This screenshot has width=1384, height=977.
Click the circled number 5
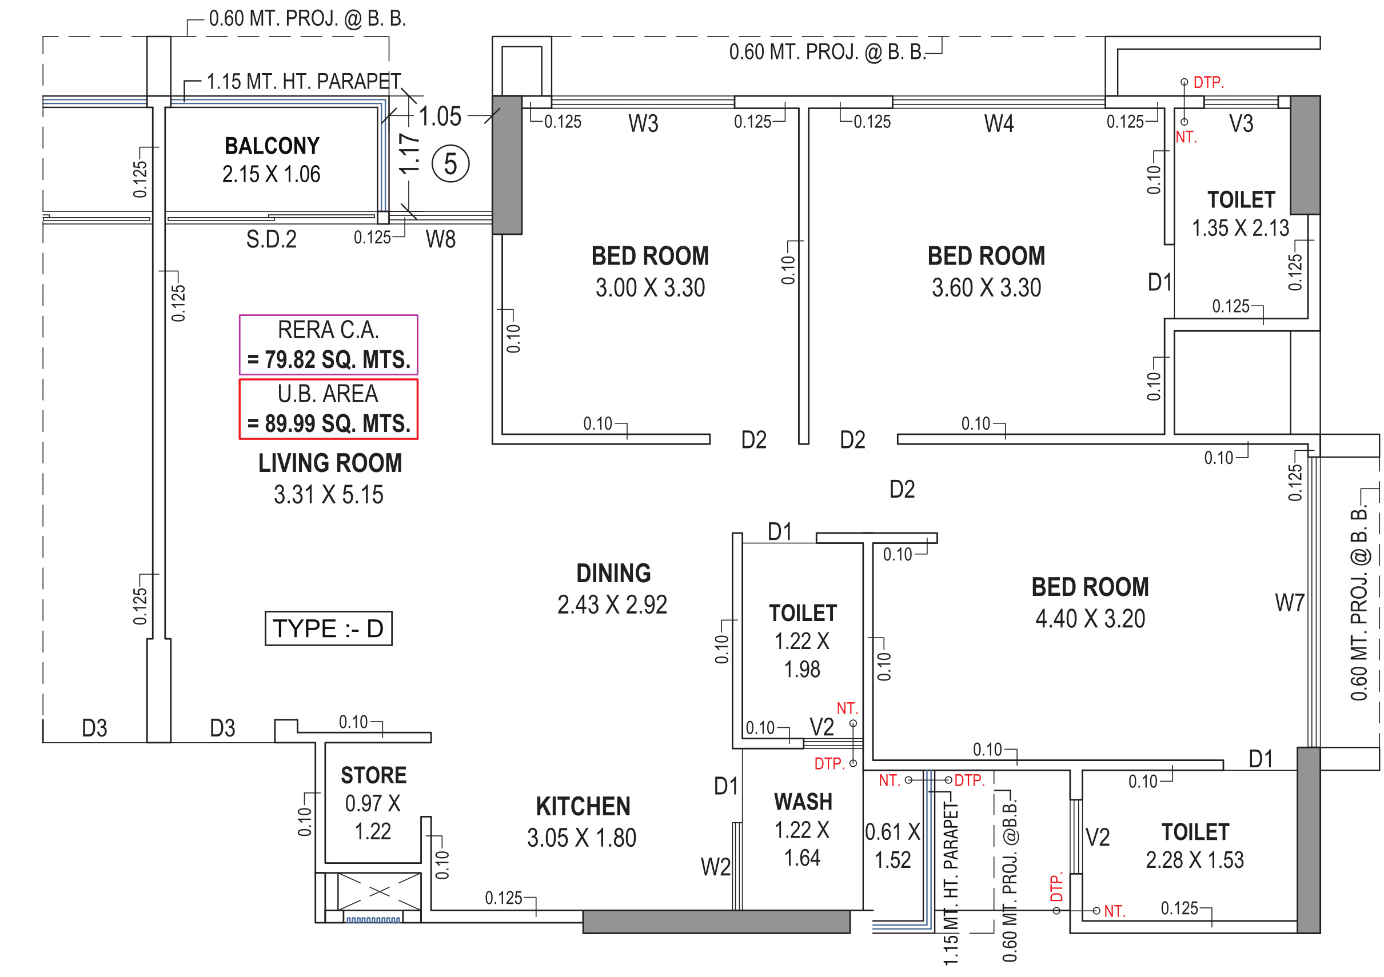[x=450, y=164]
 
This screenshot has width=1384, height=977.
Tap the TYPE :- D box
[x=329, y=628]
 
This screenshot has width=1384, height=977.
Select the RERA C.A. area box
[x=329, y=345]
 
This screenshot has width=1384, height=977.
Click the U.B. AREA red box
[x=329, y=409]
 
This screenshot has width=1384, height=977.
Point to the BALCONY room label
[x=272, y=146]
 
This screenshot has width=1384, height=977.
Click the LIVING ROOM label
[x=330, y=463]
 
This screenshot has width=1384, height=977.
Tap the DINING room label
[x=613, y=574]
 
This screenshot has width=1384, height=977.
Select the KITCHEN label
[x=583, y=807]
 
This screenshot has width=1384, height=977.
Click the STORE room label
[x=373, y=775]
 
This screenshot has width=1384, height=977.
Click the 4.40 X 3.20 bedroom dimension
[x=1090, y=619]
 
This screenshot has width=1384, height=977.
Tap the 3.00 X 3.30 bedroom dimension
[x=650, y=287]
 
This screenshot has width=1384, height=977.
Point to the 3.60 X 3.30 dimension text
[x=986, y=287]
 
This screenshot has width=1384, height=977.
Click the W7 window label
[x=1289, y=602]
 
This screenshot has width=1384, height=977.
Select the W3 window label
[x=643, y=123]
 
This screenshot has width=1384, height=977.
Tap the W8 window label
[x=441, y=239]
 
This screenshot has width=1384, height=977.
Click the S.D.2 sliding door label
[x=271, y=239]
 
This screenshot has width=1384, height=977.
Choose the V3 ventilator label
[x=1241, y=123]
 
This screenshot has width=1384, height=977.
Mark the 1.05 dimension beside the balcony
[x=440, y=116]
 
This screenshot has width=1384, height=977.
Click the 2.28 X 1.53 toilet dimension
[x=1195, y=859]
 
